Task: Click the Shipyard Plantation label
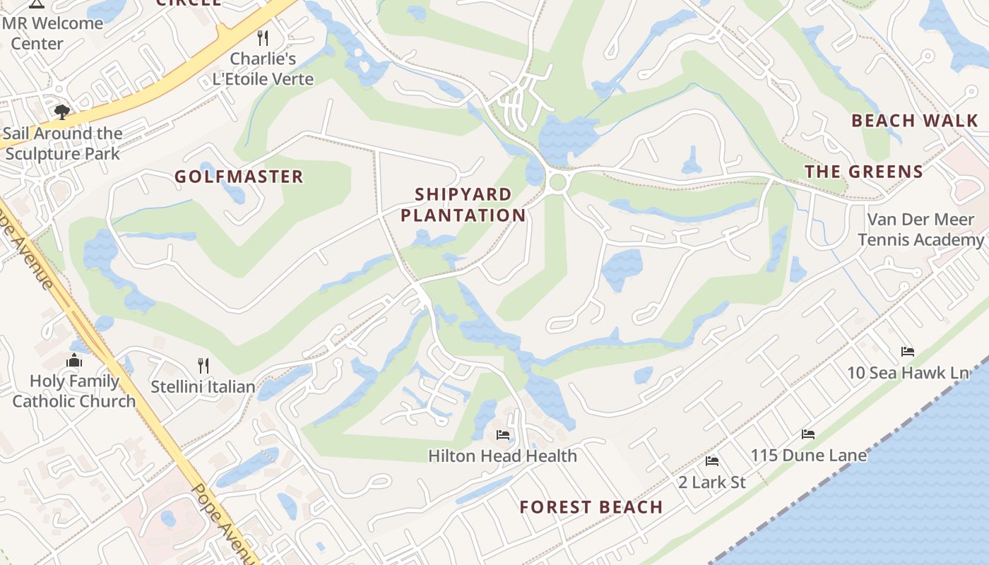point(463,205)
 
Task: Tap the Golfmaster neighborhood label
point(239,177)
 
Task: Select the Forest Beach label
point(591,507)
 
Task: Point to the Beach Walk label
point(915,121)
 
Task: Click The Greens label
point(864,172)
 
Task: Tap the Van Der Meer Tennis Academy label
point(920,230)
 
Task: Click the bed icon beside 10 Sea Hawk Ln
point(908,352)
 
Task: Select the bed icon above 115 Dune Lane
point(808,434)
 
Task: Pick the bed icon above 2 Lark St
point(712,461)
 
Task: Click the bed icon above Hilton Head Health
point(502,435)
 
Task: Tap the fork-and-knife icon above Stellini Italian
point(203,365)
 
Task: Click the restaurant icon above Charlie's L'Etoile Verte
point(263,37)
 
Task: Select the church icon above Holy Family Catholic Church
point(74,361)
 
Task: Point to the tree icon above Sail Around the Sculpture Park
point(62,112)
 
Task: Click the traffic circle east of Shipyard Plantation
point(557,182)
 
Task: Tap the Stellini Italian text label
point(203,387)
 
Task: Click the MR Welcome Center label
point(52,32)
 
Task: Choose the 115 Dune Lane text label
point(808,456)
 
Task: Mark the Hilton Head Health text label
point(502,456)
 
